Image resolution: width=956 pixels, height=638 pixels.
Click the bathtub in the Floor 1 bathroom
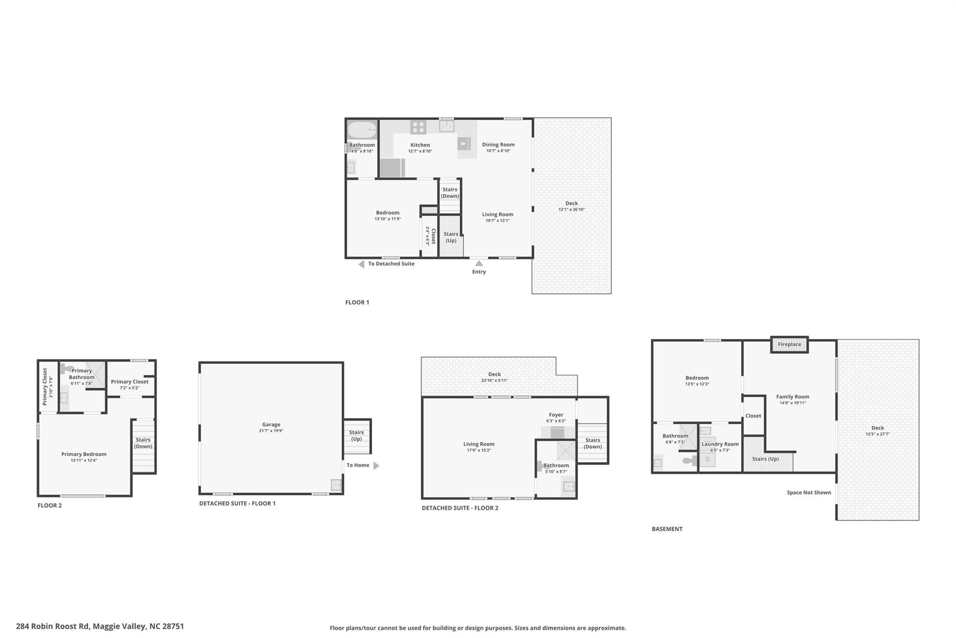[x=362, y=129]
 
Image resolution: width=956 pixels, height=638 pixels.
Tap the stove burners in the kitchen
[x=418, y=127]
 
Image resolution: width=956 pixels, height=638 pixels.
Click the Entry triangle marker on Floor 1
[x=479, y=264]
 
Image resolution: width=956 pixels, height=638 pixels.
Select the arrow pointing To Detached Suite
[x=361, y=264]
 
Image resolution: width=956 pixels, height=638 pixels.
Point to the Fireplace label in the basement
[x=789, y=344]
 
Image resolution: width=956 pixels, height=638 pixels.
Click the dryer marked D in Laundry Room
[x=708, y=459]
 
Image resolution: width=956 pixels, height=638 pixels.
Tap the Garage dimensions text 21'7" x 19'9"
[x=271, y=431]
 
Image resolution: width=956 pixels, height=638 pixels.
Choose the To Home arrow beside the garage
[x=376, y=466]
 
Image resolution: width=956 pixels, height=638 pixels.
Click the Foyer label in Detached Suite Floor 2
[x=556, y=415]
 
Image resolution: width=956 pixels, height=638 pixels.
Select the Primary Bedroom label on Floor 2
[x=84, y=454]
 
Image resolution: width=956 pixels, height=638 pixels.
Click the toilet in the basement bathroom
[x=689, y=461]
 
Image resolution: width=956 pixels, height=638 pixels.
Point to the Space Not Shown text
[x=809, y=492]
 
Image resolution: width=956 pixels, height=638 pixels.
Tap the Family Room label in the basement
[x=793, y=396]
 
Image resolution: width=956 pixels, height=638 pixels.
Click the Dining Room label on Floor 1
[x=498, y=144]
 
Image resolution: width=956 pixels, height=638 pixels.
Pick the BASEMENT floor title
[x=667, y=529]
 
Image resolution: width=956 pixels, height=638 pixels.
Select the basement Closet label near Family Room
[x=753, y=416]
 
